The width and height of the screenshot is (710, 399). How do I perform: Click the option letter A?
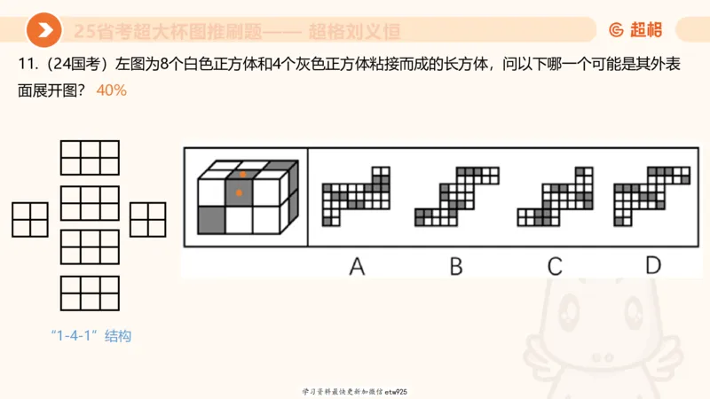coord(357,264)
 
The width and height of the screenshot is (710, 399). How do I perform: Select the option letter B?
coord(456,264)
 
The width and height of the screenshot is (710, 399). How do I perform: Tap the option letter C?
coord(555,264)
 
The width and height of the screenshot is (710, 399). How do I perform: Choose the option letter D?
coord(653,264)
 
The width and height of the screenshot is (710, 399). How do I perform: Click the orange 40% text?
coord(112,90)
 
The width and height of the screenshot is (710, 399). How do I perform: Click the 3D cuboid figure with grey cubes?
coord(244,197)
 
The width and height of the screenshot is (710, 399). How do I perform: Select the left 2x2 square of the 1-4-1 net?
coord(29,219)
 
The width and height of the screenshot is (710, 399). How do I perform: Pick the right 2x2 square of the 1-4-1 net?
coord(148,219)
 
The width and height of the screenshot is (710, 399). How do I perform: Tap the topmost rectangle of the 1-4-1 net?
coord(90,158)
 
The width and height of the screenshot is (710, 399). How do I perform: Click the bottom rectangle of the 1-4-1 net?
coord(90,293)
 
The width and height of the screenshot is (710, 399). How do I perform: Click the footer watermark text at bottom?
coord(354,391)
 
